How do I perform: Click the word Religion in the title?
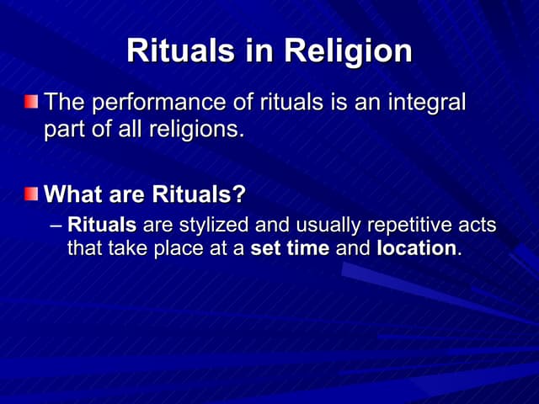tap(348, 51)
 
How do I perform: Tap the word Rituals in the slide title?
tap(180, 51)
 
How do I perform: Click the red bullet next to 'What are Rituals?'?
tap(31, 194)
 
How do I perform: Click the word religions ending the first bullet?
tap(196, 131)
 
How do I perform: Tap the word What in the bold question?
tap(68, 195)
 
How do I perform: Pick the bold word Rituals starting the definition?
tap(102, 226)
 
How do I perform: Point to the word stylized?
tap(208, 226)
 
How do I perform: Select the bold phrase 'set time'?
tap(290, 249)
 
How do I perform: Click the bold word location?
tap(416, 249)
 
